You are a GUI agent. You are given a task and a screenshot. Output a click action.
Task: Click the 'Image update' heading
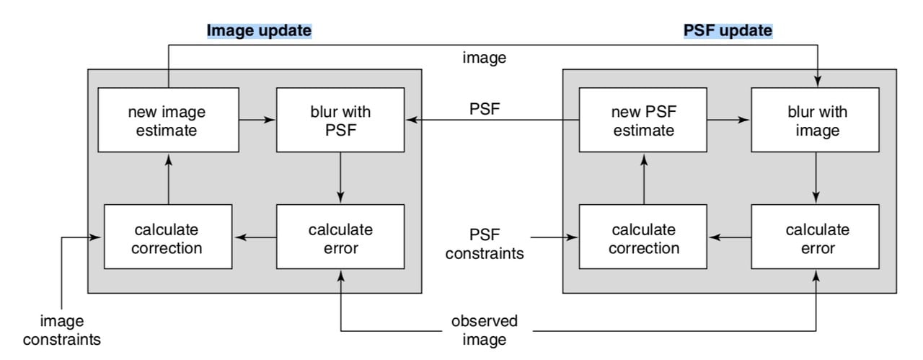[259, 31]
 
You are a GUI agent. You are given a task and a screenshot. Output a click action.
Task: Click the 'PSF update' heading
[728, 31]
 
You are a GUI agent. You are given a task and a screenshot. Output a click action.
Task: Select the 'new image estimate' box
[167, 120]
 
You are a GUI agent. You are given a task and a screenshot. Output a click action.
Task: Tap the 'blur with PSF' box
[340, 120]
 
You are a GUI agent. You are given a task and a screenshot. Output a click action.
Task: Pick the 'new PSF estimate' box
[642, 120]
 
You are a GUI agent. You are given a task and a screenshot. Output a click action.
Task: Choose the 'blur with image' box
[815, 120]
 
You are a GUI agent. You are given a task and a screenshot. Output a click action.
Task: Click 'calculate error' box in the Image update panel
[340, 239]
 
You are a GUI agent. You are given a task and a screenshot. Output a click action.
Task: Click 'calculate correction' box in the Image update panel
[167, 239]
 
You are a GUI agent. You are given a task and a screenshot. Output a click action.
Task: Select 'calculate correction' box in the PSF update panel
[642, 239]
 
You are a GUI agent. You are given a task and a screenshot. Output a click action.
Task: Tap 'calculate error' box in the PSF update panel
[815, 239]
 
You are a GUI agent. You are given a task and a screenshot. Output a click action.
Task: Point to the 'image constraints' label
[61, 330]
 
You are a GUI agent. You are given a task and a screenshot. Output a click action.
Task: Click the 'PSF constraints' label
[485, 244]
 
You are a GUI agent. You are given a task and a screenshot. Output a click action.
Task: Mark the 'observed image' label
[485, 330]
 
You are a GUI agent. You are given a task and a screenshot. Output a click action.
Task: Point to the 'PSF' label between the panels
[484, 109]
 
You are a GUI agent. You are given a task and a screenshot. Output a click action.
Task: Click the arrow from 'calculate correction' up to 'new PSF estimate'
[642, 178]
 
